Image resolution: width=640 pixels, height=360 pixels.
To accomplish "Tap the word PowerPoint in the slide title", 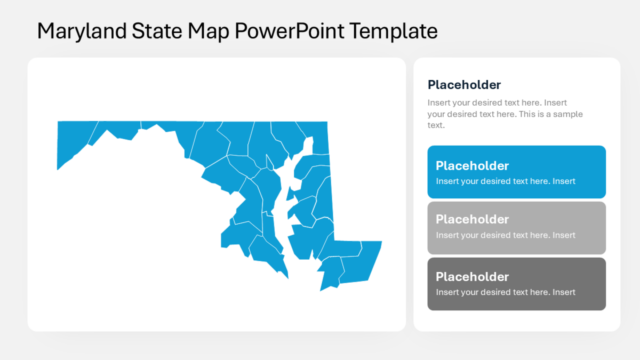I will (291, 31).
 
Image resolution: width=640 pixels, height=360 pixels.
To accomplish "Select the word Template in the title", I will (394, 31).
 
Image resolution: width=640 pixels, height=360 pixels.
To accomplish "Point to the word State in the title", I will (156, 31).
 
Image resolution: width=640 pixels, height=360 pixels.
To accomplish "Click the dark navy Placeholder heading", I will (464, 85).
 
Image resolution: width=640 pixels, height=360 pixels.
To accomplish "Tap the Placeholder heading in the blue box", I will (472, 165).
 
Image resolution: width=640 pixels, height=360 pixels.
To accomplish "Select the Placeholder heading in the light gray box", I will (472, 219).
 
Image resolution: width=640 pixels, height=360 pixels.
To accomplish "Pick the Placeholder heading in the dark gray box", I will (472, 276).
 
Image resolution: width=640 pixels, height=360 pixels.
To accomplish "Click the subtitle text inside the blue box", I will (505, 181).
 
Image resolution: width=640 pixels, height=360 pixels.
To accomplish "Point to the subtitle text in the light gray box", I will (505, 235).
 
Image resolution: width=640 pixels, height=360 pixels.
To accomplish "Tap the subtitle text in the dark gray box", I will (505, 292).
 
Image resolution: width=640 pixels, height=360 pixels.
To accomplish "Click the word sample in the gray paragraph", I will (569, 114).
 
